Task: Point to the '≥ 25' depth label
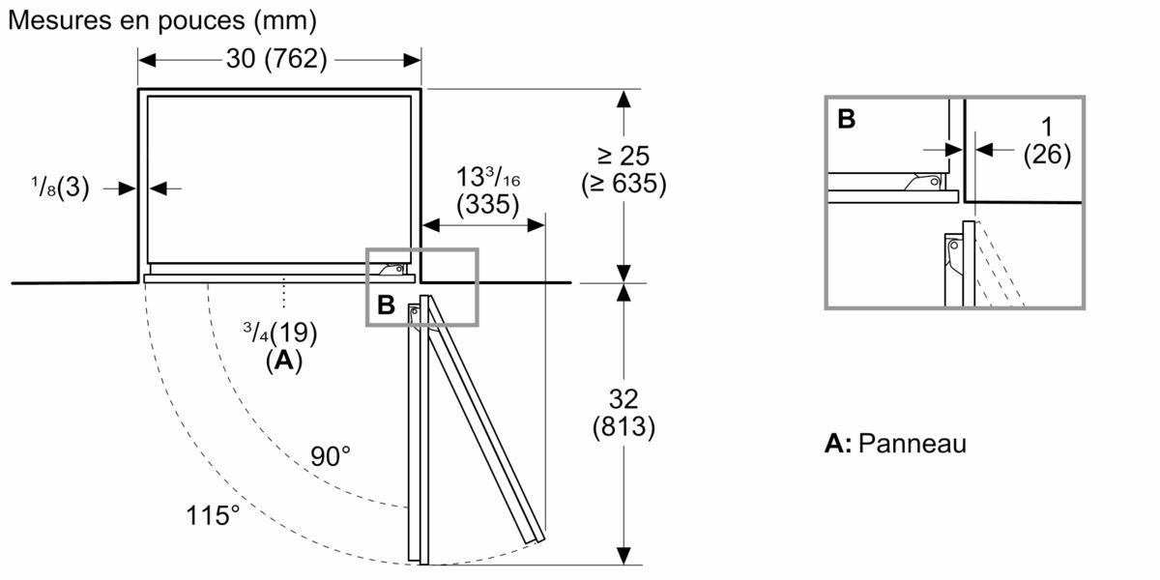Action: (x=623, y=156)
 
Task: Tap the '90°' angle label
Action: (x=331, y=456)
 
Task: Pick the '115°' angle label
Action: (x=213, y=514)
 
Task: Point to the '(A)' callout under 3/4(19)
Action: (x=283, y=361)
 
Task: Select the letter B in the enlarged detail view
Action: (x=846, y=119)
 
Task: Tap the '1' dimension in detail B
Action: (x=1047, y=128)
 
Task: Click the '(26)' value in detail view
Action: (x=1047, y=156)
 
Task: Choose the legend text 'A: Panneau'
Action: (x=895, y=444)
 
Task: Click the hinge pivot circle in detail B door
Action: (x=954, y=246)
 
